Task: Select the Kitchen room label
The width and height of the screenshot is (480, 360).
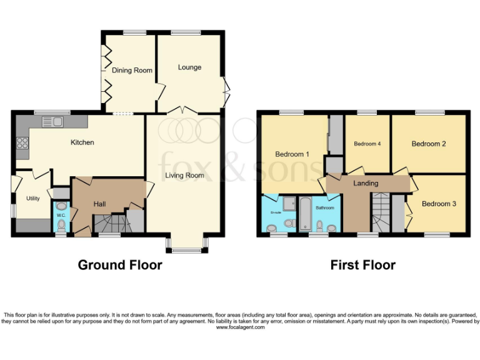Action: pyautogui.click(x=82, y=142)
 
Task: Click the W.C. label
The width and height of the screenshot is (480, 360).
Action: pyautogui.click(x=61, y=216)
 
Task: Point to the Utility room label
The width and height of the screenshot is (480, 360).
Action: pyautogui.click(x=32, y=198)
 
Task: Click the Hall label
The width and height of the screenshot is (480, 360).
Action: pyautogui.click(x=99, y=204)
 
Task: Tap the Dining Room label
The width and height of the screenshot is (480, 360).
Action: pyautogui.click(x=132, y=71)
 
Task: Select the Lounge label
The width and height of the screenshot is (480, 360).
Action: pyautogui.click(x=189, y=67)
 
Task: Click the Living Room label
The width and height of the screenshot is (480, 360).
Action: pyautogui.click(x=184, y=176)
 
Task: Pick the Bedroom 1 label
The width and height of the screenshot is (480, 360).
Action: pyautogui.click(x=292, y=154)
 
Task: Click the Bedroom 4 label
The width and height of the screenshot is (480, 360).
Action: pyautogui.click(x=367, y=144)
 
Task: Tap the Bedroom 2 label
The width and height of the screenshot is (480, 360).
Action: pyautogui.click(x=429, y=144)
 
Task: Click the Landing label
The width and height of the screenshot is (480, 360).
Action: pyautogui.click(x=366, y=184)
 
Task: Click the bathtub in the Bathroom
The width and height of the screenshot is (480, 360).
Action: pyautogui.click(x=305, y=214)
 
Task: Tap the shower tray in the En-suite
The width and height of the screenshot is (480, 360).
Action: pyautogui.click(x=289, y=204)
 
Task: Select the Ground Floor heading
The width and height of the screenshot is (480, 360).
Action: pyautogui.click(x=119, y=265)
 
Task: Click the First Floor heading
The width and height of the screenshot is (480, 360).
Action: pyautogui.click(x=362, y=265)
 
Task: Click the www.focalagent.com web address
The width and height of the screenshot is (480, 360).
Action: pyautogui.click(x=240, y=327)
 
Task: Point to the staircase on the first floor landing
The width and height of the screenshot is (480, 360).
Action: pyautogui.click(x=379, y=212)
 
